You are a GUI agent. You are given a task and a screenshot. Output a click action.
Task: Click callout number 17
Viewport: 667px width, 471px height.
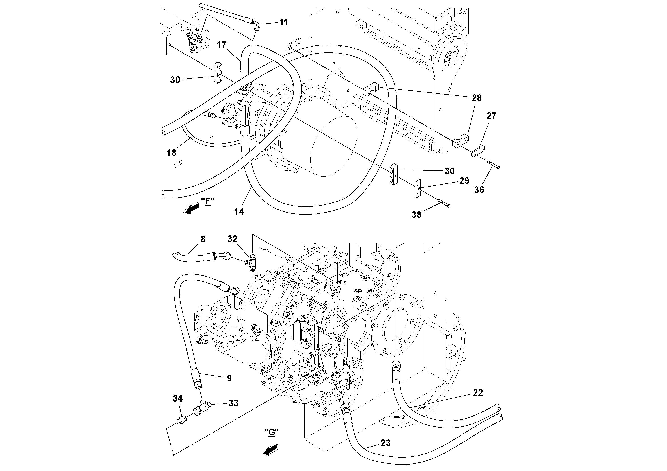[222, 45]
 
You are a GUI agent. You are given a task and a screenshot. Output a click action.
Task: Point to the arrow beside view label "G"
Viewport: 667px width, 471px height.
[270, 450]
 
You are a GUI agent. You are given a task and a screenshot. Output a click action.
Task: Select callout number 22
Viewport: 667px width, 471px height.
[478, 393]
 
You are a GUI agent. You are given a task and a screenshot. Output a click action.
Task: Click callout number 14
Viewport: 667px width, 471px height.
[239, 212]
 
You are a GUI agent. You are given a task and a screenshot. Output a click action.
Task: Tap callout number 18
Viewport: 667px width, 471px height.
[171, 153]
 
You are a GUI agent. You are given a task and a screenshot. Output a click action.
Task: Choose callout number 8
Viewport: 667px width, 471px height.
[203, 239]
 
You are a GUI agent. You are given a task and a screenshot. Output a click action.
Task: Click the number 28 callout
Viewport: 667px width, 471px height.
[476, 98]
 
